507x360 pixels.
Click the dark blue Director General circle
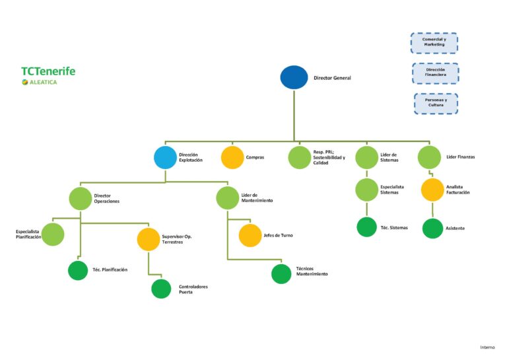point(294,77)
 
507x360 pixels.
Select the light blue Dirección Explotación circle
point(165,157)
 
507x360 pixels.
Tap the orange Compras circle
point(232,157)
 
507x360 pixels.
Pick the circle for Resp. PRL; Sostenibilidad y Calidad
point(300,157)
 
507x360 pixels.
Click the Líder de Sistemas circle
point(366,157)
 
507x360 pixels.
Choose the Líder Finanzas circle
point(429,157)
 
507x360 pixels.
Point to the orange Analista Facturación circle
point(432,190)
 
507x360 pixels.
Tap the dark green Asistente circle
point(432,229)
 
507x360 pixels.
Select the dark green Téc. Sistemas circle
point(366,227)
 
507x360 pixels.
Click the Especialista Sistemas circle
point(366,190)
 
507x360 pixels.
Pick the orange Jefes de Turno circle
point(250,235)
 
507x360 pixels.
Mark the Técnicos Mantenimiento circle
point(281,274)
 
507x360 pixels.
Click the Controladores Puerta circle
point(161,289)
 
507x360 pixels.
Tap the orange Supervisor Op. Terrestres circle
point(149,239)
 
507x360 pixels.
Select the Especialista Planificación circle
point(53,234)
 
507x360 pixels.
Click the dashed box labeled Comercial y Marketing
point(434,43)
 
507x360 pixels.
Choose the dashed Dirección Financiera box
point(436,73)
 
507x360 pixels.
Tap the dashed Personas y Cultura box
point(436,104)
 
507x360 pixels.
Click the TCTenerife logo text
point(48,71)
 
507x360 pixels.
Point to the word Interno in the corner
point(487,347)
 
